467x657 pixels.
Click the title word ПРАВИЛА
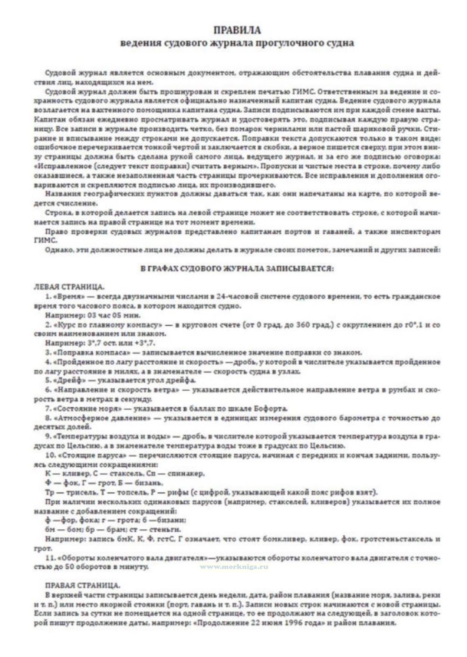coord(237,30)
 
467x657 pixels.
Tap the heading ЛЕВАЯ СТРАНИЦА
coord(69,287)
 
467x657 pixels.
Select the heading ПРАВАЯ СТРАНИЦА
coord(83,585)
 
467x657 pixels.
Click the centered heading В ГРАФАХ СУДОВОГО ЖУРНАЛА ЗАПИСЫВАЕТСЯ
coord(237,269)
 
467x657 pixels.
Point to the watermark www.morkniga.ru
coord(234,567)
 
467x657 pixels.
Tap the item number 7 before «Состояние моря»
coord(47,409)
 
